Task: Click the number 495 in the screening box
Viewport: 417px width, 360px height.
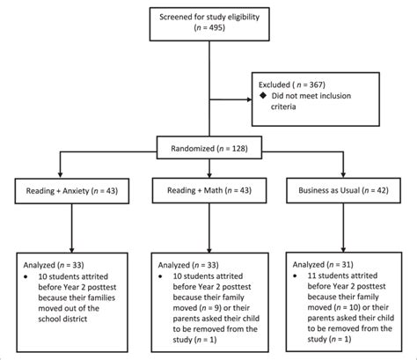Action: tap(216, 28)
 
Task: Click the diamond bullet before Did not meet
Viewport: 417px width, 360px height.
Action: tap(263, 95)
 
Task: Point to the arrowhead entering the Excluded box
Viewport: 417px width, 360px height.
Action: tap(250, 99)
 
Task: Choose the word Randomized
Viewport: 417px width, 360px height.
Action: tap(193, 149)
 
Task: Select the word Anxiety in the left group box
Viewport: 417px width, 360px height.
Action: tap(76, 191)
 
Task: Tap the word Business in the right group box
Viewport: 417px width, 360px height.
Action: tap(314, 190)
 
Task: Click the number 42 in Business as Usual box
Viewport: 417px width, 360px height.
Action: tap(381, 190)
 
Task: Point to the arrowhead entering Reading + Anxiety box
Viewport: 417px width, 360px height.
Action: tap(60, 175)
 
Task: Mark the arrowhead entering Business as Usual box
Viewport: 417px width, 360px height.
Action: tap(343, 174)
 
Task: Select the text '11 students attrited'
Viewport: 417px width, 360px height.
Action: tap(342, 276)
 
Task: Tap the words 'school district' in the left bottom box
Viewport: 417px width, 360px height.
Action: tap(62, 319)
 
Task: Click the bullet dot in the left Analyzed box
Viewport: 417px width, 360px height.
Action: tap(26, 276)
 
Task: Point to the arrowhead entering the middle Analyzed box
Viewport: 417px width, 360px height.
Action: tap(209, 250)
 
